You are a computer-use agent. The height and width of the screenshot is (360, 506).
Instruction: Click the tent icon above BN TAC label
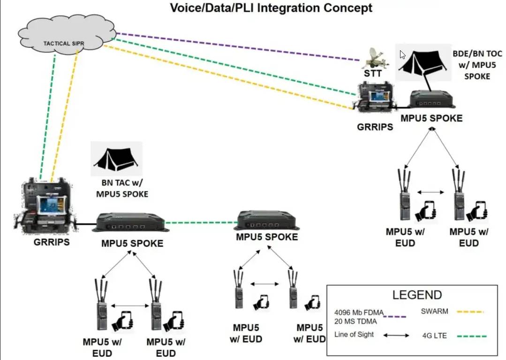pos(116,159)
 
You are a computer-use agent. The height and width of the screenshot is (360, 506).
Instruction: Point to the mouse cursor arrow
pos(402,54)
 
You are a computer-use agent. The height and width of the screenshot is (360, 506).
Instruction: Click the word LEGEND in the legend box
pos(417,295)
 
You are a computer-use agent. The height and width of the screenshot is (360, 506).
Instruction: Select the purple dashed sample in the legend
pos(395,317)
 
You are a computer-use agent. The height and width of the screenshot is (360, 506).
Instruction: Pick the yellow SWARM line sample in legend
pos(470,312)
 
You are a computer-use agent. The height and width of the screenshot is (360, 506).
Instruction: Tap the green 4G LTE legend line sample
pos(472,337)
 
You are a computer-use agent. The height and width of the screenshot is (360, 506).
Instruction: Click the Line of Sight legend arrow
pos(396,336)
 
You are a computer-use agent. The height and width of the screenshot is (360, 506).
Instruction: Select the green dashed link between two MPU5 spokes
pos(201,222)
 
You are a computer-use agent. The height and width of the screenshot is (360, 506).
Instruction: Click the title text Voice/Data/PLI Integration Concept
pos(271,8)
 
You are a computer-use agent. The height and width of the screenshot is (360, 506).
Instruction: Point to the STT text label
pos(373,74)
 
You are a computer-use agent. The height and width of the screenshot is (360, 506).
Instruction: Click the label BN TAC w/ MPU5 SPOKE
pos(122,188)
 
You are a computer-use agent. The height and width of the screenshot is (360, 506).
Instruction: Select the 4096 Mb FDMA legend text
pos(359,313)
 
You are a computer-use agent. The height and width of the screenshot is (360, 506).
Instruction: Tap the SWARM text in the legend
pos(434,311)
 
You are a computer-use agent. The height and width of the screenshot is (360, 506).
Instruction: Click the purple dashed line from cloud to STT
pos(238,46)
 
